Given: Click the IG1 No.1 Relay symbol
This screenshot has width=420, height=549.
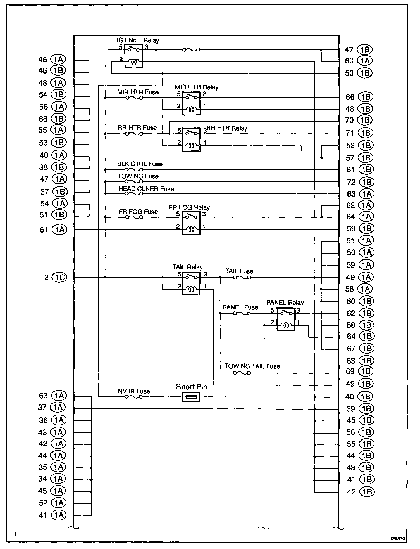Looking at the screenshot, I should coord(133,56).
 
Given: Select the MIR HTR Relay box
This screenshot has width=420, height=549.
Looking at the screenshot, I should coord(191,103).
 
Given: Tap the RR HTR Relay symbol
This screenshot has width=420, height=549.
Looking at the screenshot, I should coord(191,139).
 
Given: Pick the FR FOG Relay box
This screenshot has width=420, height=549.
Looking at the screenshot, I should coord(191,223).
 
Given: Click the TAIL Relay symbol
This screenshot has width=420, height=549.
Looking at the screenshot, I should coord(191,283).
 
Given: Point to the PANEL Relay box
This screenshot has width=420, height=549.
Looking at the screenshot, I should coord(286,319).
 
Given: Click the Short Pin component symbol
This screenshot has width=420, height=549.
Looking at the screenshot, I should coord(191,397).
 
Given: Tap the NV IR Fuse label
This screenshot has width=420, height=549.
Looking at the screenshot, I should coord(134,391).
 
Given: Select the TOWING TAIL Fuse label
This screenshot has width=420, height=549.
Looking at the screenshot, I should coord(252,366).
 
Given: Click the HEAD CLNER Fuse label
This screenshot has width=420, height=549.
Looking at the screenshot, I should coord(146,189).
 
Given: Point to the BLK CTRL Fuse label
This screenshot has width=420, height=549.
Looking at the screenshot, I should coord(140,164).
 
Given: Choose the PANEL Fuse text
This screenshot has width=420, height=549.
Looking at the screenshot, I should coord(240,307).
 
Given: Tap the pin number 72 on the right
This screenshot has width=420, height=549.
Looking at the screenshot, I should coord(351,182).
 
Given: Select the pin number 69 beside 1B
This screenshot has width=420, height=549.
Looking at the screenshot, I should coord(350,371).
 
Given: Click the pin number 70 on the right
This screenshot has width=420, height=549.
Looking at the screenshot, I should coord(350,120).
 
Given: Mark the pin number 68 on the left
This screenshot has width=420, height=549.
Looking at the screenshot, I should coord(43,119).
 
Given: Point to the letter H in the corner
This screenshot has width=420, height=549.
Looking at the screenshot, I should coord(14,534).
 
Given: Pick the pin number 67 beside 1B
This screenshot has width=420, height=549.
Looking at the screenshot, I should coord(351,349).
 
